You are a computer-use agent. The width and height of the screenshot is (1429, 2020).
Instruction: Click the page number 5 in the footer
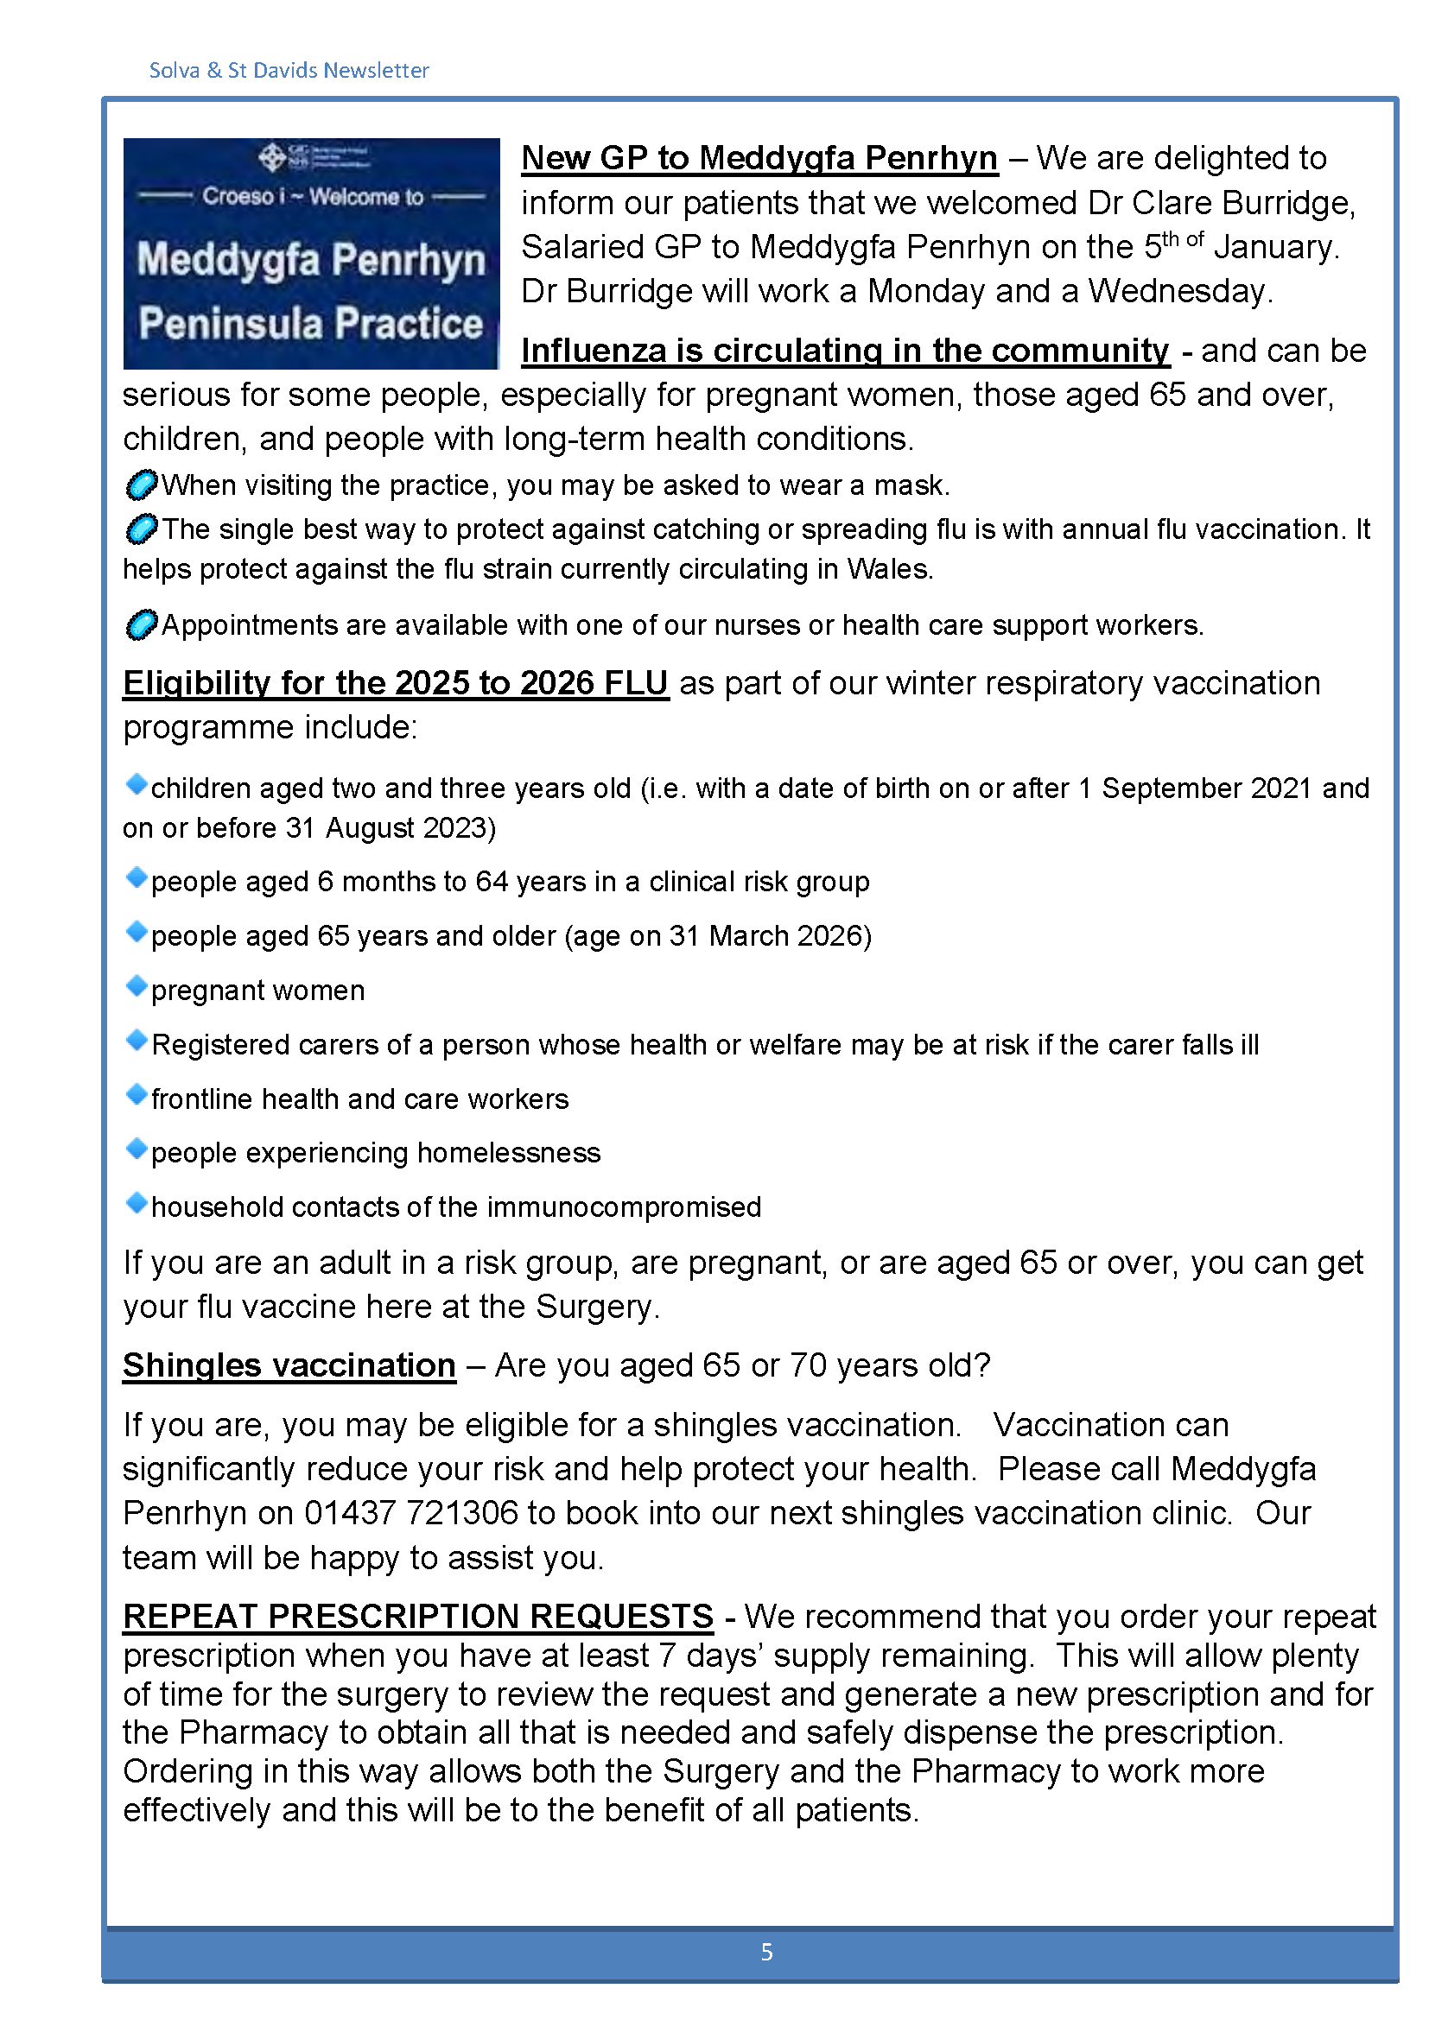[766, 1953]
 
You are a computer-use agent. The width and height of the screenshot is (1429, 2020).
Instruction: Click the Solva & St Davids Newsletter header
[289, 70]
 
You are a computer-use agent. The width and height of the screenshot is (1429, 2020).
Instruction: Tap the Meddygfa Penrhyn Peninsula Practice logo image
[312, 253]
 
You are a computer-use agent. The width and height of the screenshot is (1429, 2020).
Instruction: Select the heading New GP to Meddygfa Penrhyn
[759, 158]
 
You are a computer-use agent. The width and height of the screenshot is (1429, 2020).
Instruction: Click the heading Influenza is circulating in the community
[845, 351]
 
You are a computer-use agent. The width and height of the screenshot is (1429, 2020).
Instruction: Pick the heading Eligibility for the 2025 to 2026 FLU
[395, 684]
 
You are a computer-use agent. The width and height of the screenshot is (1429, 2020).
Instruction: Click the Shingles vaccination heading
[289, 1365]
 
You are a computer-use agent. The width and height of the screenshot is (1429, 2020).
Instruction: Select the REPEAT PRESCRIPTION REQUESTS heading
[418, 1616]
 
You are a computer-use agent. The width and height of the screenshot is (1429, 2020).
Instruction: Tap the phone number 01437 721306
[411, 1513]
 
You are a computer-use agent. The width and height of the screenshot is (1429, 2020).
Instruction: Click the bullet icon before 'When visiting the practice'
[141, 484]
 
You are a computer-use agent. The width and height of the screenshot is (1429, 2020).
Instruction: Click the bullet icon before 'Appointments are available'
[141, 624]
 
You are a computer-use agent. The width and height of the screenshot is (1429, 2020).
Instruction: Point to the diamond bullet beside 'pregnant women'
[137, 987]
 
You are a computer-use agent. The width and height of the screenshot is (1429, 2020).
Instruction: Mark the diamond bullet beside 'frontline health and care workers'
[137, 1095]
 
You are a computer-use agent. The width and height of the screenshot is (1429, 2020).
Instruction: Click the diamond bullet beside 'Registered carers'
[137, 1042]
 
